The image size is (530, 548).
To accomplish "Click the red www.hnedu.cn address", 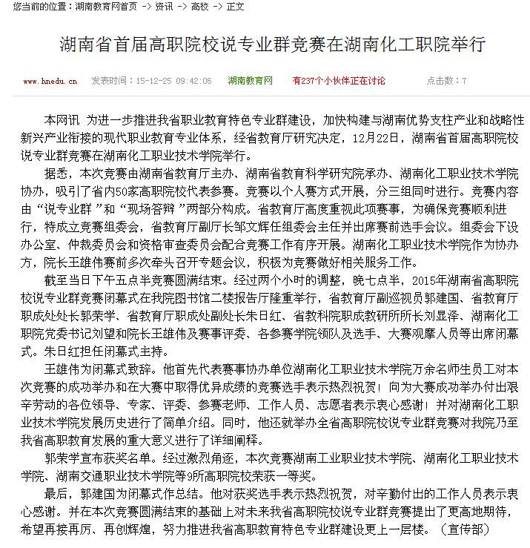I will pos(51,81).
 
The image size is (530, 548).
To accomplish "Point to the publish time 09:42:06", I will pos(194,81).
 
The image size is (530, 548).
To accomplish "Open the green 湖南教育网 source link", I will pos(251,81).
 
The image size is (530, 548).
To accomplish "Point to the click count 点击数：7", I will pos(447,81).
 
